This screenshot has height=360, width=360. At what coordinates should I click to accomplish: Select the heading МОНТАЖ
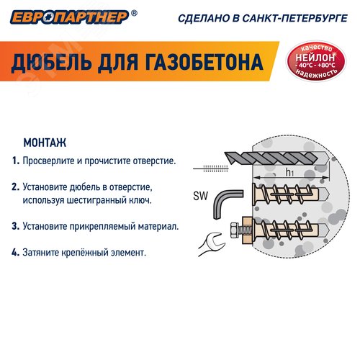[x=45, y=142]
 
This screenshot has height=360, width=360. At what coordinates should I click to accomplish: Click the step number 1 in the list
[x=15, y=161]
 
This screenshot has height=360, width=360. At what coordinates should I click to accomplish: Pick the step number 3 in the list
[x=15, y=226]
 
